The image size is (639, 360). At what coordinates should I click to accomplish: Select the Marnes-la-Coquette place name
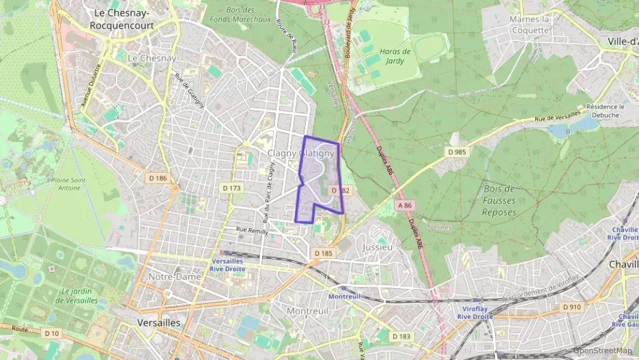click(530, 25)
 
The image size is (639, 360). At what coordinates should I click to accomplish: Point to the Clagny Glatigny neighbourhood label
click(300, 154)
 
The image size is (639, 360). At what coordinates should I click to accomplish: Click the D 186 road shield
click(158, 178)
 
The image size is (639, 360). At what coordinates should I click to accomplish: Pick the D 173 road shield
click(231, 187)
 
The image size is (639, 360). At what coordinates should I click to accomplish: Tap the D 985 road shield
click(456, 152)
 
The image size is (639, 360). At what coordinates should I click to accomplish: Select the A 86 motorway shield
click(405, 205)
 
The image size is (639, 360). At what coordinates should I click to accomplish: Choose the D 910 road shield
click(571, 307)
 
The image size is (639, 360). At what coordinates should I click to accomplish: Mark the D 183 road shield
click(402, 336)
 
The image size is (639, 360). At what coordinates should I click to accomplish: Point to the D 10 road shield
click(51, 333)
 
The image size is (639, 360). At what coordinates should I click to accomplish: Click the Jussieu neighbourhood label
click(378, 247)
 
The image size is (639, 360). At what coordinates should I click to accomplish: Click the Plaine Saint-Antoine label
click(66, 184)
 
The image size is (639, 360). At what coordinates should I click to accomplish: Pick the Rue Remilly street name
click(252, 231)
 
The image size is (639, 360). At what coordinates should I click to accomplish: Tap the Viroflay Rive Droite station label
click(473, 312)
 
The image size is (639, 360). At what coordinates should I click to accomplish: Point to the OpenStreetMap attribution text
click(603, 350)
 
